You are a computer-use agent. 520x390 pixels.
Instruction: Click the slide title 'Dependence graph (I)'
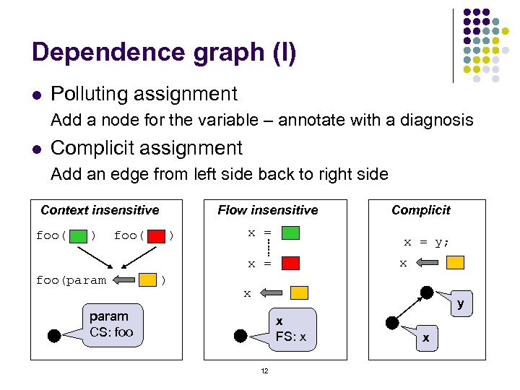pyautogui.click(x=164, y=53)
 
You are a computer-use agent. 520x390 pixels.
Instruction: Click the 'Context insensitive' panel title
pyautogui.click(x=100, y=210)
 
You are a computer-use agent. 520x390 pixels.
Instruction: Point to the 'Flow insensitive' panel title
pyautogui.click(x=268, y=210)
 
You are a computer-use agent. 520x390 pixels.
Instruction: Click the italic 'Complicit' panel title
pyautogui.click(x=420, y=210)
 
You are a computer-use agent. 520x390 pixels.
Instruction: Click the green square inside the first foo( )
pyautogui.click(x=79, y=235)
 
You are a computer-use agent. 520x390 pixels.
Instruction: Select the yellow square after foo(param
pyautogui.click(x=148, y=279)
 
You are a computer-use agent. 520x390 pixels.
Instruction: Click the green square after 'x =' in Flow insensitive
pyautogui.click(x=290, y=233)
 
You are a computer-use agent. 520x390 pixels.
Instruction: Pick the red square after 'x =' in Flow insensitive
pyautogui.click(x=290, y=264)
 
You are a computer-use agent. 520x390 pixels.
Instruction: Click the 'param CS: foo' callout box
pyautogui.click(x=112, y=324)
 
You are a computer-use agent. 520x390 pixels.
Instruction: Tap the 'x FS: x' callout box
pyautogui.click(x=291, y=329)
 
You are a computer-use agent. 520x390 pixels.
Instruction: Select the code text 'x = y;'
pyautogui.click(x=426, y=243)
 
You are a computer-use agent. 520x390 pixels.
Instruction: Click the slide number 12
pyautogui.click(x=264, y=371)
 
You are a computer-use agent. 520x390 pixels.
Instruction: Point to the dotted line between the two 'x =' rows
pyautogui.click(x=267, y=248)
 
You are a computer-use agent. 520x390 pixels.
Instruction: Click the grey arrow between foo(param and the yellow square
pyautogui.click(x=123, y=279)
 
